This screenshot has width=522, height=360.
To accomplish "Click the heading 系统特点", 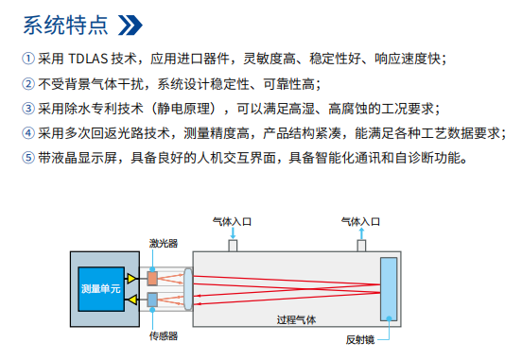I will pos(64,22).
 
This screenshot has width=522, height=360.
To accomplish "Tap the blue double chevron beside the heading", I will pos(132,22).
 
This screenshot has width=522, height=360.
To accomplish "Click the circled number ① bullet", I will pos(28,59).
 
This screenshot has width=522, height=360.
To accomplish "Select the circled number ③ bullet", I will pos(28,108).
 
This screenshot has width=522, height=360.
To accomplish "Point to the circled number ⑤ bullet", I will pos(28,157).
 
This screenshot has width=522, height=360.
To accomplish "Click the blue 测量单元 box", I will pos(101,287).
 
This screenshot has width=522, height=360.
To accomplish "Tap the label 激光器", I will pos(161,244).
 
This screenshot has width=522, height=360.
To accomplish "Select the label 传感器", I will pos(163,334).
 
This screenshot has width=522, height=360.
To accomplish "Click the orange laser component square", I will pos(153,278).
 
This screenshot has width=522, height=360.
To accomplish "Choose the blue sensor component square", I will pos(153,300).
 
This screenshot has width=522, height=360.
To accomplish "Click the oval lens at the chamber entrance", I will pos(189,288).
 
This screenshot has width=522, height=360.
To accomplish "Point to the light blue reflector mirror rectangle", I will pos(388,287).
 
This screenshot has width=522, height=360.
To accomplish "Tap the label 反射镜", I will pos(360,338).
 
